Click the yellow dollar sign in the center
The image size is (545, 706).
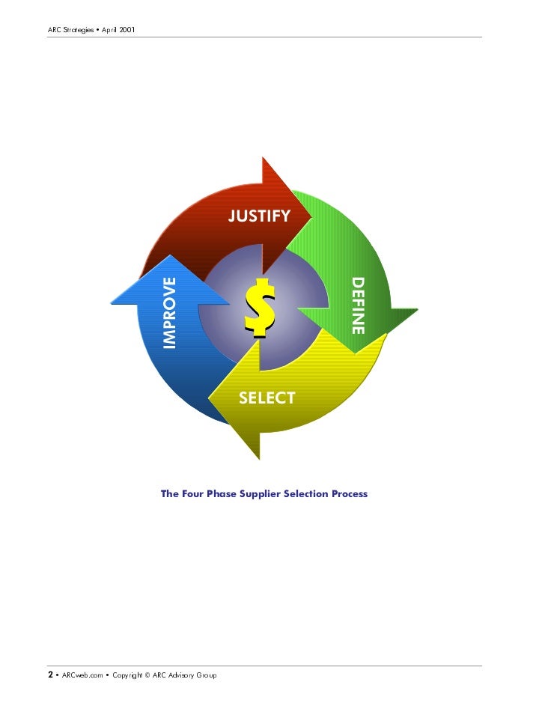(260, 307)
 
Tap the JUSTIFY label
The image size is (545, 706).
(259, 216)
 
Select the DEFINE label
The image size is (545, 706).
(358, 305)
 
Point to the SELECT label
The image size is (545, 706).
(267, 398)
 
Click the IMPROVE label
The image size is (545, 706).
(170, 313)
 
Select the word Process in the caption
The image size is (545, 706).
(347, 494)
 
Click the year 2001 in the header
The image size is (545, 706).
(124, 30)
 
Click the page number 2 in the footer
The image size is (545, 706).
(51, 675)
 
